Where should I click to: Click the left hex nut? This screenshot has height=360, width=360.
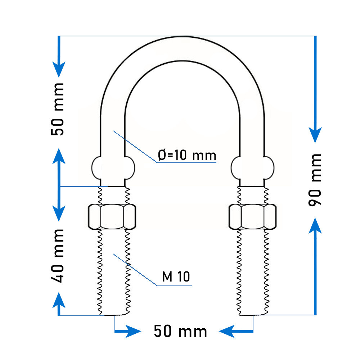(x=112, y=216)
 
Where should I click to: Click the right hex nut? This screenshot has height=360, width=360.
(x=253, y=216)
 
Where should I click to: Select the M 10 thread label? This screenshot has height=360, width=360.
(x=176, y=276)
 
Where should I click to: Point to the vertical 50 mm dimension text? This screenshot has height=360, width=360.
(x=57, y=109)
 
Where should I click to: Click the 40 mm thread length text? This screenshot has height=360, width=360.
(x=57, y=256)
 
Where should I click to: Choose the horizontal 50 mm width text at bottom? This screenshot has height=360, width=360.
(x=180, y=331)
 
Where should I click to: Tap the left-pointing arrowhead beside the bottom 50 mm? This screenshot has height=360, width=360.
(x=227, y=331)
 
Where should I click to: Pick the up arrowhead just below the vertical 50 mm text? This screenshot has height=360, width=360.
(x=59, y=156)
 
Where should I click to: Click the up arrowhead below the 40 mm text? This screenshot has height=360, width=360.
(x=59, y=300)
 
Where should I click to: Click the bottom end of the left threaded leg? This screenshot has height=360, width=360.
(x=114, y=315)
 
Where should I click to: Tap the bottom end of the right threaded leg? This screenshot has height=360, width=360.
(x=253, y=315)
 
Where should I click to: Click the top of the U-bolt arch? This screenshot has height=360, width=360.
(x=183, y=37)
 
